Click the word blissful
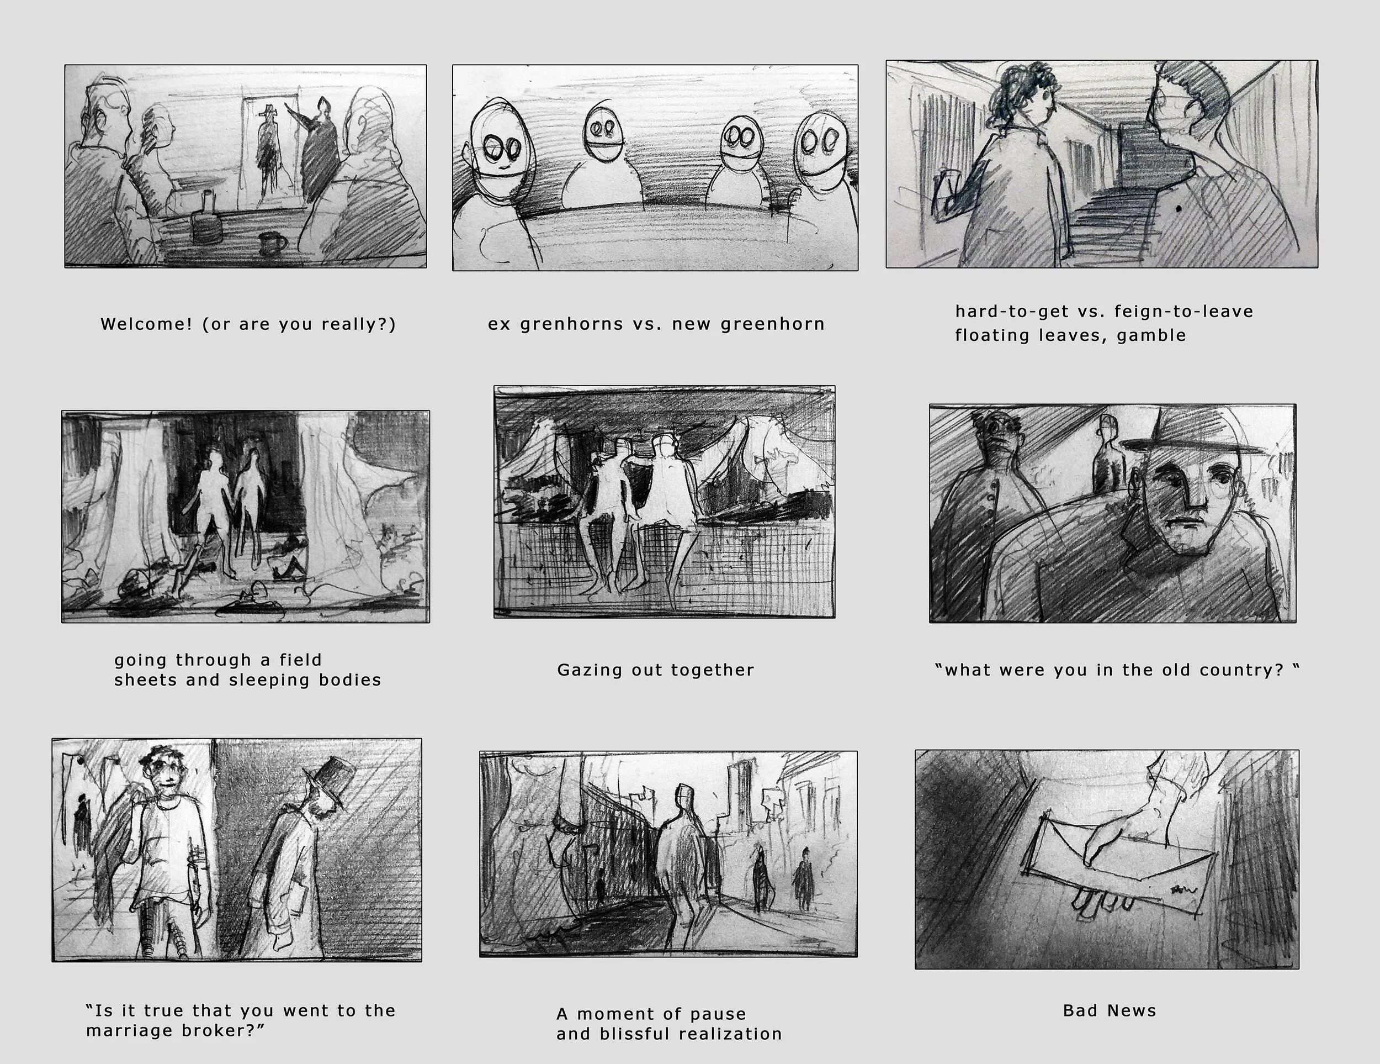point(633,1034)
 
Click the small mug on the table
point(272,243)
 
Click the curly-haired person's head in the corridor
point(1023,95)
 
